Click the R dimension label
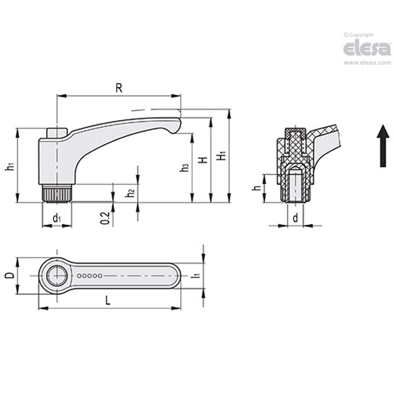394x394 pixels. pyautogui.click(x=119, y=88)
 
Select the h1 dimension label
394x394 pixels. pyautogui.click(x=11, y=166)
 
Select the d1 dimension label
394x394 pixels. pyautogui.click(x=57, y=219)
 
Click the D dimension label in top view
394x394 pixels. pyautogui.click(x=10, y=276)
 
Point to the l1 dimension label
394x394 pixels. pyautogui.click(x=195, y=275)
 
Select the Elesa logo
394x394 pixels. pyautogui.click(x=367, y=49)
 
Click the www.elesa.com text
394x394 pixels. pyautogui.click(x=367, y=63)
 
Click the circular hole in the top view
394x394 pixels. pyautogui.click(x=57, y=276)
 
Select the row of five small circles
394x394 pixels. pyautogui.click(x=90, y=276)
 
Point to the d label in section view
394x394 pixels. pyautogui.click(x=295, y=218)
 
